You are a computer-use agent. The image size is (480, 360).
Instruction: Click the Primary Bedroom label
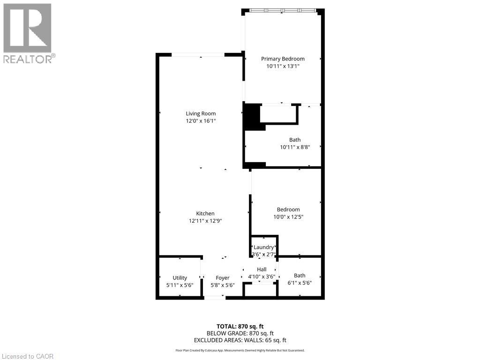click(283, 59)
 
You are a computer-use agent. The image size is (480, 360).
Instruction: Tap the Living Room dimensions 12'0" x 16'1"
click(201, 121)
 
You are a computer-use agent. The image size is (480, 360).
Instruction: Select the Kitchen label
click(205, 213)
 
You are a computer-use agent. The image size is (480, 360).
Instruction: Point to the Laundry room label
click(263, 247)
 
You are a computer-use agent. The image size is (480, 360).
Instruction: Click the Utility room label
click(180, 277)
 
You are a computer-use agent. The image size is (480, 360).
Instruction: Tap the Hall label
click(262, 269)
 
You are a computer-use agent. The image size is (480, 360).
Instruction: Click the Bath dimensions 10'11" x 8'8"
click(295, 147)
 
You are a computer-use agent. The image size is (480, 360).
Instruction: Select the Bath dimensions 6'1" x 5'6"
click(300, 283)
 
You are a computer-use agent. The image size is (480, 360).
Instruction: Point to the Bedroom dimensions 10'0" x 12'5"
click(288, 217)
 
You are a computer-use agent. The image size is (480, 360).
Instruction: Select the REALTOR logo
click(28, 33)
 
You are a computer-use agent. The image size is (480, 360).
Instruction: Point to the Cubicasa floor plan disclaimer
click(240, 350)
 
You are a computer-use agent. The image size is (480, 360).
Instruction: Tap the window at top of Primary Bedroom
click(282, 10)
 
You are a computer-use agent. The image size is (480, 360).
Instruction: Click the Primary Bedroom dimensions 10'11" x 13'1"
click(283, 67)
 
